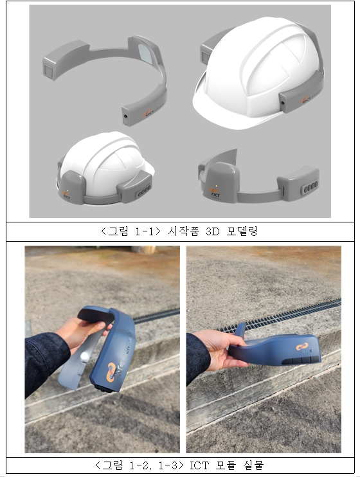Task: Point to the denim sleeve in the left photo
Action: tap(45, 360)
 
